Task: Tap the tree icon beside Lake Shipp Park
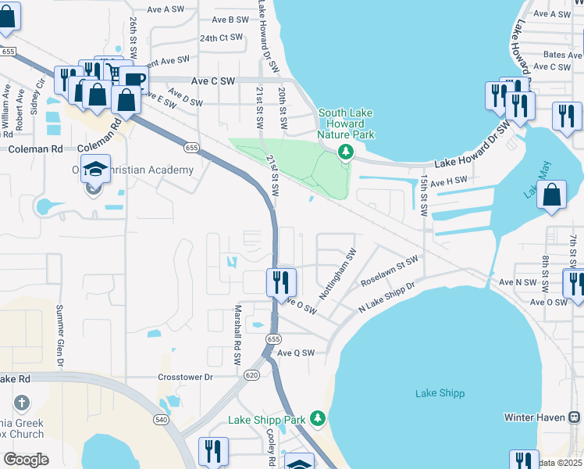(x=318, y=420)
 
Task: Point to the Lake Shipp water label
(x=440, y=392)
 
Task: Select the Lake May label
(x=532, y=180)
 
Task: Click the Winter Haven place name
(x=533, y=417)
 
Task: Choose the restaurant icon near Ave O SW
(x=281, y=282)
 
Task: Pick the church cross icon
(x=22, y=404)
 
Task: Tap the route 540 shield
(x=161, y=420)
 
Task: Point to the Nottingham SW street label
(x=337, y=274)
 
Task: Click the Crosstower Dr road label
(x=185, y=377)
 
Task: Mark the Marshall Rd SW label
(x=237, y=335)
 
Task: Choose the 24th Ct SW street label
(x=222, y=38)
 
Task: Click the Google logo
(x=26, y=460)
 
